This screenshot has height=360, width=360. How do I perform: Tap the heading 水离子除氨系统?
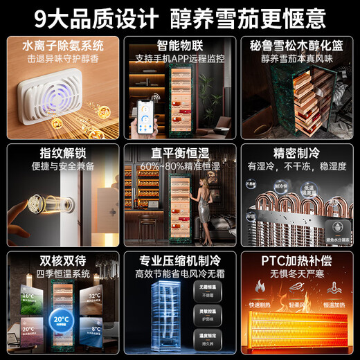(x=62, y=46)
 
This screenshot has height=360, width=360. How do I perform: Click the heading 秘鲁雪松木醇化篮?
(x=298, y=46)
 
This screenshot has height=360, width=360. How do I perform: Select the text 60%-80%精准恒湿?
(x=179, y=167)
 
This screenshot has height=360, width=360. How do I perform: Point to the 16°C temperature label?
(x=27, y=296)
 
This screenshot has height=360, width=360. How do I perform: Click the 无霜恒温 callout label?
(x=206, y=288)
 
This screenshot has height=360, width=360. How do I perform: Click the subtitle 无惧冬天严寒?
(x=298, y=276)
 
